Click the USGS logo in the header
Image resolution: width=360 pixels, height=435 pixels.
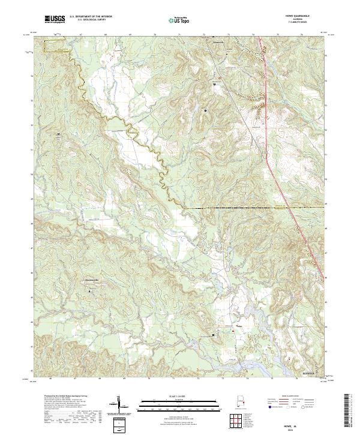[55, 19]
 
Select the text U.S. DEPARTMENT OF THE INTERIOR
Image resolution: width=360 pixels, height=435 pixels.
[91, 17]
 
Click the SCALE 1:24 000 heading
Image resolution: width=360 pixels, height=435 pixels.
[173, 397]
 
